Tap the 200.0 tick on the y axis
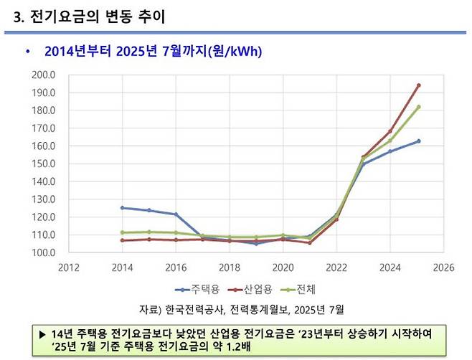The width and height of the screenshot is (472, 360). [x=44, y=75]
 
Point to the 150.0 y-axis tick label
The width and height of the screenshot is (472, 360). [x=44, y=164]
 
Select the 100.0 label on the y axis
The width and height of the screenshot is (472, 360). [x=44, y=252]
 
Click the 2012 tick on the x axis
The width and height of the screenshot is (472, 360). [x=69, y=267]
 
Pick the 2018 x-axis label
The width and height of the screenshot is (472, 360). [x=230, y=267]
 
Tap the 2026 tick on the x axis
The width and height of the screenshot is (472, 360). [x=443, y=267]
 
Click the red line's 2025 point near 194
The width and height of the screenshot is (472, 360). [x=418, y=85]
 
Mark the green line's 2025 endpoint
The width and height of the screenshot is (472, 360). [x=418, y=107]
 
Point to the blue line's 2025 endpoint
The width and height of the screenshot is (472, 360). [x=418, y=141]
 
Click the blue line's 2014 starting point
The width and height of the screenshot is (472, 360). [x=123, y=208]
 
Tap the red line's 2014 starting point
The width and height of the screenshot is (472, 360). [x=123, y=240]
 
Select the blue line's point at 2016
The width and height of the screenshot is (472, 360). [x=176, y=214]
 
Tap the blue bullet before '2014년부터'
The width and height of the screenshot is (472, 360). [x=27, y=52]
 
